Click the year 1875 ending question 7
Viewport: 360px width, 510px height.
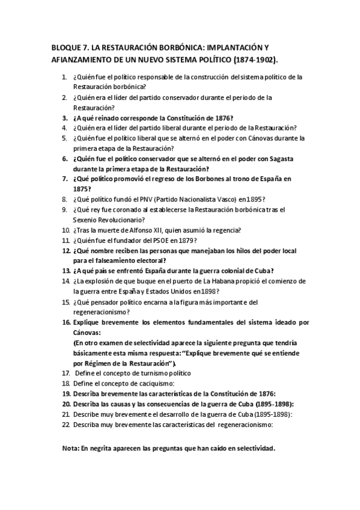[x=81, y=188]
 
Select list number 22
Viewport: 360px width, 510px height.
[x=65, y=425]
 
